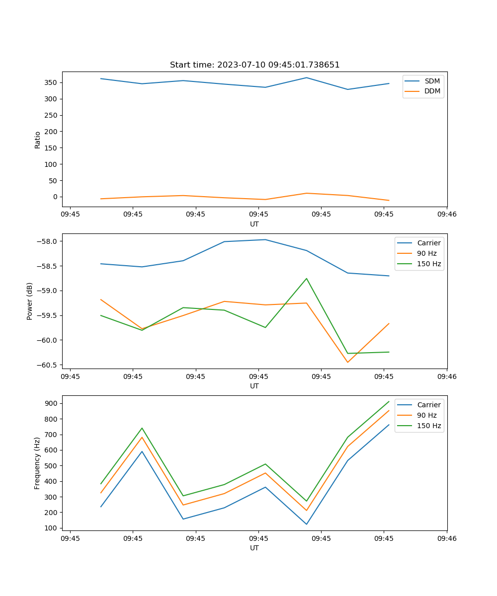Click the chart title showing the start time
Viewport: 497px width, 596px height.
tap(254, 65)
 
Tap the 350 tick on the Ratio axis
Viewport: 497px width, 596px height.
tap(52, 82)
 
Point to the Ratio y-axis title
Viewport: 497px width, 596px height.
tap(38, 140)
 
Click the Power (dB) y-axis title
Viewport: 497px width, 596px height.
tap(30, 301)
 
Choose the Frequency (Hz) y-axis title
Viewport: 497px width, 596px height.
tap(37, 463)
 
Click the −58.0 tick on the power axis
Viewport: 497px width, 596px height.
tap(48, 241)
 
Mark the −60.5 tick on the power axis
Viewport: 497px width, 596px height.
tap(48, 365)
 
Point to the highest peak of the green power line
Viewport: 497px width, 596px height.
tap(307, 278)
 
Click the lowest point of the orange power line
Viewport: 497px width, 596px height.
tap(347, 362)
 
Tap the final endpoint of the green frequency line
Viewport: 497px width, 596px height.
tap(389, 401)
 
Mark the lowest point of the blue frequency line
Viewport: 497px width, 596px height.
tap(307, 524)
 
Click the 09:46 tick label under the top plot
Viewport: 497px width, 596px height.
tap(446, 215)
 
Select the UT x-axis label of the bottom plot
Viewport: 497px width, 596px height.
tap(254, 548)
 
